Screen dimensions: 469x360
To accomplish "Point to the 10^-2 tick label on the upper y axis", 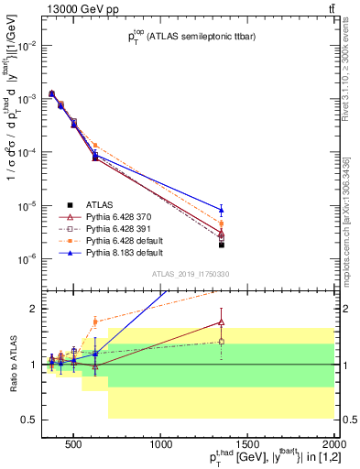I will [x=23, y=45].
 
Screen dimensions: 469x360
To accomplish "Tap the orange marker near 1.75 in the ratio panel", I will [x=95, y=322].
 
